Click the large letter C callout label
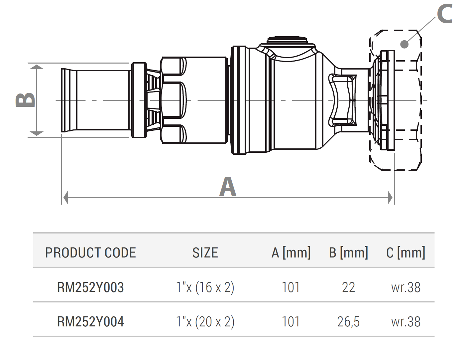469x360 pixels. click(x=444, y=14)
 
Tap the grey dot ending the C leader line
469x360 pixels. click(x=404, y=44)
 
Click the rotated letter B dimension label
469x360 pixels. click(x=25, y=100)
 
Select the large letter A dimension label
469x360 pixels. click(x=228, y=187)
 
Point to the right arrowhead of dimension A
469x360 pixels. click(x=390, y=197)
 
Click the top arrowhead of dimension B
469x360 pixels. click(x=37, y=67)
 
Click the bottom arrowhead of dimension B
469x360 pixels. click(x=37, y=133)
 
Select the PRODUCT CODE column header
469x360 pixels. click(x=90, y=253)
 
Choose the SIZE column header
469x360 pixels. click(x=205, y=253)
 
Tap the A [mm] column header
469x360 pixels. click(x=291, y=253)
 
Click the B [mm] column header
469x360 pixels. click(x=348, y=253)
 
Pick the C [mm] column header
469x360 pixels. click(x=406, y=253)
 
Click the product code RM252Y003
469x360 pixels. click(x=90, y=287)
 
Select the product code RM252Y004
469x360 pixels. click(x=90, y=321)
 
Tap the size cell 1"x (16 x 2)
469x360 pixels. click(x=205, y=288)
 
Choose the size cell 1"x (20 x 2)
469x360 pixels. click(x=205, y=322)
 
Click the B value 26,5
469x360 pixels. click(x=348, y=322)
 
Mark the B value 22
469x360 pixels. click(x=348, y=287)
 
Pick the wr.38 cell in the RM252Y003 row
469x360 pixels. click(x=406, y=287)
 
